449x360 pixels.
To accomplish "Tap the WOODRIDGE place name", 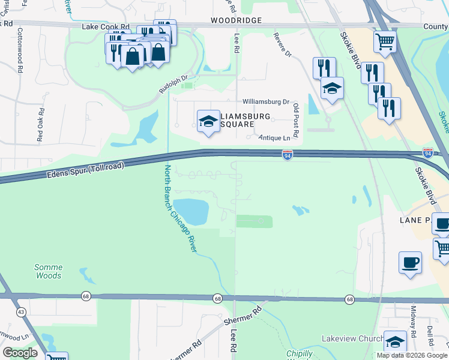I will [x=237, y=20].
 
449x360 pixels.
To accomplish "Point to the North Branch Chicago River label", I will [x=181, y=209].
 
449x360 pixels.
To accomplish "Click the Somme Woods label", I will [x=48, y=271].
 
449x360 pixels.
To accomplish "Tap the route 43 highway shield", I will [x=21, y=312].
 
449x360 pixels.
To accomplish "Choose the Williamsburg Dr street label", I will [x=266, y=103].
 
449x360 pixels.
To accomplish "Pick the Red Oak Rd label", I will [x=41, y=124].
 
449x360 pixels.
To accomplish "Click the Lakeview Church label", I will [x=352, y=339].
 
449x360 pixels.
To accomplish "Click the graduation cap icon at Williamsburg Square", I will [x=208, y=121].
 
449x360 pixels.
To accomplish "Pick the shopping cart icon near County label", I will [x=385, y=41].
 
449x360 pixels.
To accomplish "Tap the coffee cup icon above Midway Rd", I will [x=410, y=262].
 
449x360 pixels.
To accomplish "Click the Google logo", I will [x=20, y=353].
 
